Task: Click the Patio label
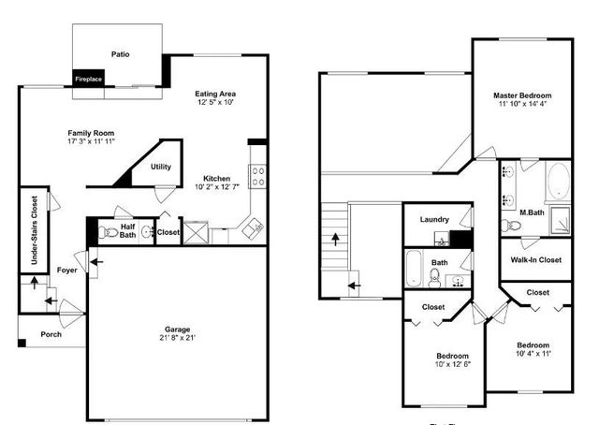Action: (x=120, y=54)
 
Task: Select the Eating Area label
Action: (x=214, y=94)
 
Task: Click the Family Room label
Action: (x=91, y=133)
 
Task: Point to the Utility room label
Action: (x=161, y=167)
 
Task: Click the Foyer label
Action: (x=67, y=270)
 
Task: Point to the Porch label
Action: (x=51, y=334)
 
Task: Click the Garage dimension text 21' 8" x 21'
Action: (x=178, y=338)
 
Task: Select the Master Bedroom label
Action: (x=522, y=95)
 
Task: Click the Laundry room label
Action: (x=434, y=220)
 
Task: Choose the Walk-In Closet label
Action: (x=536, y=259)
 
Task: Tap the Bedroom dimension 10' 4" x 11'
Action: (x=534, y=353)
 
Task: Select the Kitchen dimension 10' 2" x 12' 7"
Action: (x=217, y=187)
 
